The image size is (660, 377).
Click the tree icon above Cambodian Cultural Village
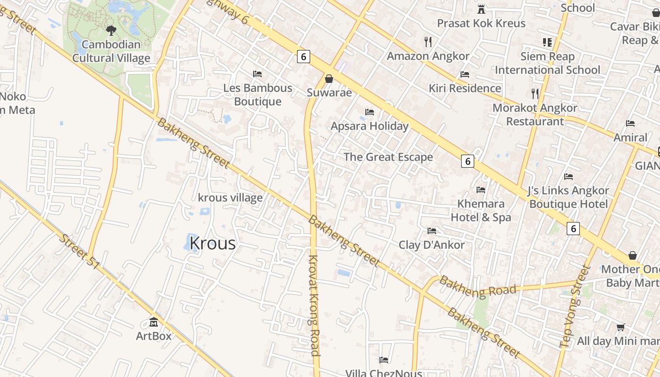point(111,31)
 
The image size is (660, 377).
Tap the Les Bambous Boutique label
point(258,95)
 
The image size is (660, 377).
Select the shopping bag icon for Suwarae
point(329,78)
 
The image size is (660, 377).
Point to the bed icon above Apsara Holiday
point(370,112)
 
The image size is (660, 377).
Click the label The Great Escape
point(388,157)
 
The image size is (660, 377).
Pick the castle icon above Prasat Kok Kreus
point(481,9)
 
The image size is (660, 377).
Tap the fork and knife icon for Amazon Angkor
point(428,42)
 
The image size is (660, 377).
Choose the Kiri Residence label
point(465,88)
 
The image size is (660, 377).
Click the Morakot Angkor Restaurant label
point(535,115)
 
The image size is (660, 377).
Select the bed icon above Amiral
point(630,123)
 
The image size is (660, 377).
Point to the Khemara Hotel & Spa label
point(481,210)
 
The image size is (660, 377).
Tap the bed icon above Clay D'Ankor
point(432,231)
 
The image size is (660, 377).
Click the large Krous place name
point(212,243)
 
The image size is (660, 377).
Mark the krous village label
point(230,197)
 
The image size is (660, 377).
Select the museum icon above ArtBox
point(154,322)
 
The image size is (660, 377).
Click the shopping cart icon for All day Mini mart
point(621,327)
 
